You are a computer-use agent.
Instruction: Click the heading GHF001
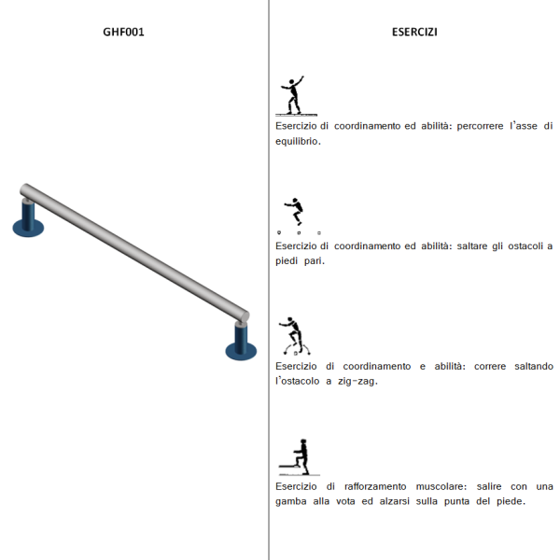[x=123, y=32]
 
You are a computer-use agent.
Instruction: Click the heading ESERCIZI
[x=414, y=32]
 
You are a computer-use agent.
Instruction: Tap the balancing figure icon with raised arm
[x=295, y=96]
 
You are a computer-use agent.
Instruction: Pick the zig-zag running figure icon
[x=294, y=336]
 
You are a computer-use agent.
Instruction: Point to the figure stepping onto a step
[x=300, y=457]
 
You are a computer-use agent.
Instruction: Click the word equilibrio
[x=298, y=142]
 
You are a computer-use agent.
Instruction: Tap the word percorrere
[x=480, y=126]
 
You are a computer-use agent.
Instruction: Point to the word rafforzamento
[x=375, y=486]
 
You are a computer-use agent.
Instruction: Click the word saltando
[x=534, y=367]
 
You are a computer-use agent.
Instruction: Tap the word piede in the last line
[x=511, y=501]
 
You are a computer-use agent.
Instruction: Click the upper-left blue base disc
[x=28, y=229]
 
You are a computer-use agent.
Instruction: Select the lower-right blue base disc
[x=241, y=352]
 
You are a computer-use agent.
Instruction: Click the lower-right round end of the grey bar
[x=245, y=316]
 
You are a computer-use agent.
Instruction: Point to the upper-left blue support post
[x=28, y=215]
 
